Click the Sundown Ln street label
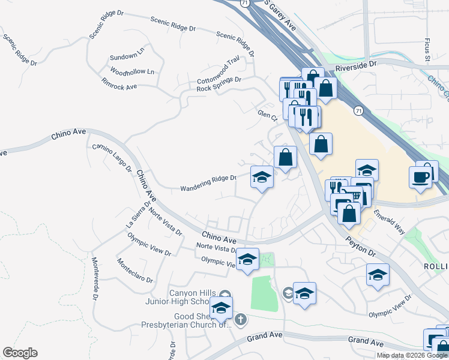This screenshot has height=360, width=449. (127, 57)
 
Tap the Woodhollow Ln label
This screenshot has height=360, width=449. (133, 72)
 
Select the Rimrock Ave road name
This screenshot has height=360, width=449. (119, 83)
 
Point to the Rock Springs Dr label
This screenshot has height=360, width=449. (218, 83)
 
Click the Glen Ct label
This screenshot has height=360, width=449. (266, 114)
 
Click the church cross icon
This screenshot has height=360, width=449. (240, 319)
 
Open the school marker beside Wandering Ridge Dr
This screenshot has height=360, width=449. (262, 177)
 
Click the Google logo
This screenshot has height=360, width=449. (20, 353)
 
